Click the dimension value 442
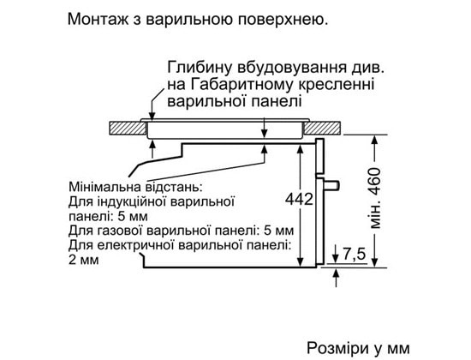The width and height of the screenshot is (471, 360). pyautogui.click(x=299, y=199)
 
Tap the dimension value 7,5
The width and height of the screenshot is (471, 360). pyautogui.click(x=354, y=254)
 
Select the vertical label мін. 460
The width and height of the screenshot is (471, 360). pyautogui.click(x=375, y=198)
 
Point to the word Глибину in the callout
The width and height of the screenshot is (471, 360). pyautogui.click(x=200, y=68)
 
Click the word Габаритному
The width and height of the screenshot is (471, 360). pyautogui.click(x=241, y=85)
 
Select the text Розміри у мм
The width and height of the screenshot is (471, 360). pyautogui.click(x=358, y=348)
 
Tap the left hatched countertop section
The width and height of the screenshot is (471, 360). pyautogui.click(x=127, y=128)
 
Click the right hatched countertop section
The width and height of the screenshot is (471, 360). pyautogui.click(x=323, y=128)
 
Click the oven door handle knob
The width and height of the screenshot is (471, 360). pyautogui.click(x=331, y=185)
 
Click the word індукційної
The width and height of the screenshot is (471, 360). pyautogui.click(x=132, y=201)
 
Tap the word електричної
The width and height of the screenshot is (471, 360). pyautogui.click(x=137, y=245)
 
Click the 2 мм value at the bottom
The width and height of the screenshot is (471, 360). pyautogui.click(x=84, y=260)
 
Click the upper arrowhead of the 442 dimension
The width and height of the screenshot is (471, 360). pyautogui.click(x=301, y=149)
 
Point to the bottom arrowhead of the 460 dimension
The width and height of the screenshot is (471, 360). pyautogui.click(x=374, y=261)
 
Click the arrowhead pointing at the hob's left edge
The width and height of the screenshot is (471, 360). pyautogui.click(x=152, y=116)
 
